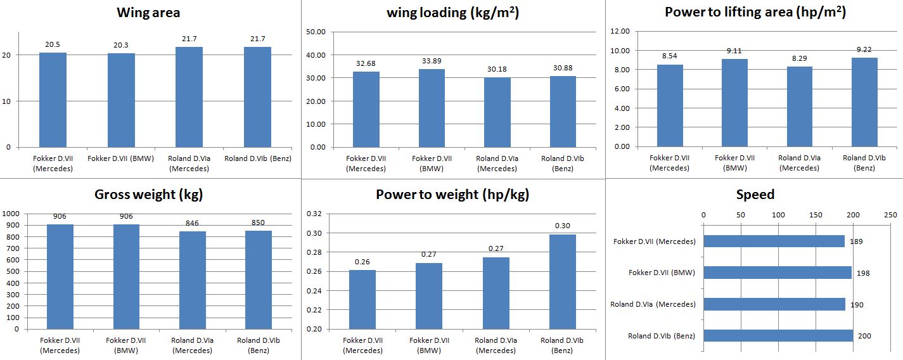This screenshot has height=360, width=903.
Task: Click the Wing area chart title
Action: tap(148, 12)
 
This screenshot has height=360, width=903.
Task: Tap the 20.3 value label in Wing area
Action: tap(121, 45)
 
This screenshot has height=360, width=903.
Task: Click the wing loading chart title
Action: tap(449, 12)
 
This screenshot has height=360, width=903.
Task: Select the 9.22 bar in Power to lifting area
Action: tap(864, 102)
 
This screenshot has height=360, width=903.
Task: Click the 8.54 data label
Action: tap(670, 56)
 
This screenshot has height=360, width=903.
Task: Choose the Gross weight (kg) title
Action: tap(148, 195)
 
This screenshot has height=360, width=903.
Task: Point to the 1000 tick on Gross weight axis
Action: tap(12, 214)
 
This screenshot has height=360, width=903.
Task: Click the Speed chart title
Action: tap(755, 195)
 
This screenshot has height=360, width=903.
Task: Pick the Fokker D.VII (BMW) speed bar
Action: tap(778, 273)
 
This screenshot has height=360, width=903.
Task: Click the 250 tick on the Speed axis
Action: tap(890, 215)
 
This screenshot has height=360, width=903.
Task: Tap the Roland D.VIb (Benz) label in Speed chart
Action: tap(662, 336)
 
